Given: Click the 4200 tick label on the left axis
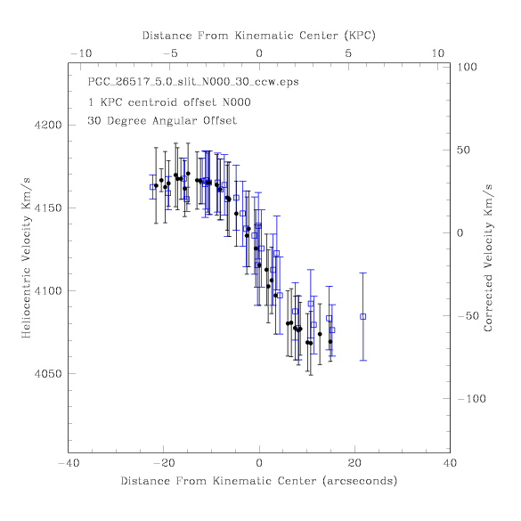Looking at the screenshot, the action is coord(48,125).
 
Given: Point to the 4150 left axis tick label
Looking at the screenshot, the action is coord(48,208).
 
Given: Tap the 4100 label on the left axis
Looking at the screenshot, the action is coord(48,290).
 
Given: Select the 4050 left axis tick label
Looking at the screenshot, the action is coord(48,374).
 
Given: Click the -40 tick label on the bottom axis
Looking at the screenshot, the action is coord(69,463).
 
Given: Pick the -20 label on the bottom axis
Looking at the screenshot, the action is coord(164,463).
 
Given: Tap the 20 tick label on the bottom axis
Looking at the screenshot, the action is coord(354,463).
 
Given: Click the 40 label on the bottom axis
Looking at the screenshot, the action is coord(450,463).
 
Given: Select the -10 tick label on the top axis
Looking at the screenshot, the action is coord(81,53).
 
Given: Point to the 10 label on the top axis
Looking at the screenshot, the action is coord(438,53).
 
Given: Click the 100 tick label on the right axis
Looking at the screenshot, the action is coord(467,67).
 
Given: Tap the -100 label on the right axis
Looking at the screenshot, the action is coord(472,398).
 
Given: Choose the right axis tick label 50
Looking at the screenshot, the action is coord(463,150).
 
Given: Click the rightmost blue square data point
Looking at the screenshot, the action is coord(362,317).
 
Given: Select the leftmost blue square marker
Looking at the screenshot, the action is coord(152,187).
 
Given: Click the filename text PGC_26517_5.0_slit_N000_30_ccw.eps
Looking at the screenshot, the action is coord(193,82).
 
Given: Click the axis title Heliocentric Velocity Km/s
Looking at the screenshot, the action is coord(26,258).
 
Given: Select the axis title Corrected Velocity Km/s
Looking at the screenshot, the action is coord(488,258).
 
